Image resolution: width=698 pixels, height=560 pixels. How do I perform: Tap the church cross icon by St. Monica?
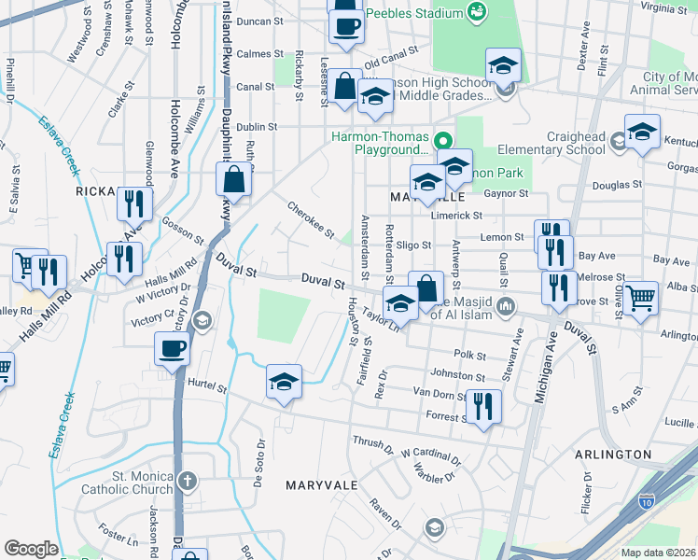pyautogui.click(x=188, y=482)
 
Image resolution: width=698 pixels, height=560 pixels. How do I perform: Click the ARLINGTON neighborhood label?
pyautogui.click(x=612, y=454)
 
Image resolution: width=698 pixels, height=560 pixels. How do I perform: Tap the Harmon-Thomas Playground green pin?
pyautogui.click(x=444, y=142)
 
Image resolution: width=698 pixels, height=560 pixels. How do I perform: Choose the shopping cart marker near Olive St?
pyautogui.click(x=641, y=299)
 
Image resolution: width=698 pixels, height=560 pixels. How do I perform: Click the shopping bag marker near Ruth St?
pyautogui.click(x=233, y=178)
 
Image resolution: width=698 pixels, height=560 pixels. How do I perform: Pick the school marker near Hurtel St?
pyautogui.click(x=284, y=381)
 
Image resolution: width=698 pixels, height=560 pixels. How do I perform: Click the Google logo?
pyautogui.click(x=31, y=549)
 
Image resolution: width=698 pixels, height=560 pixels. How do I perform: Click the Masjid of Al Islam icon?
pyautogui.click(x=506, y=305)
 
